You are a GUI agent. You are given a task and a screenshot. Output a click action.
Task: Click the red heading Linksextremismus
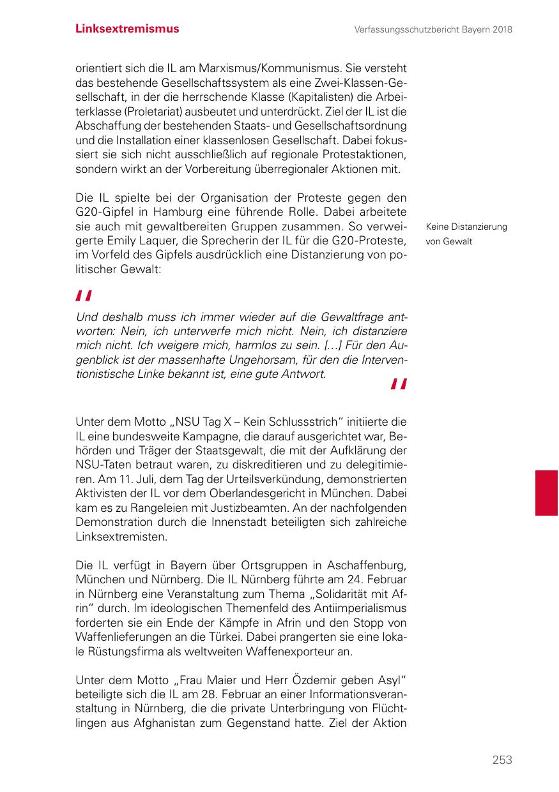[x=127, y=29]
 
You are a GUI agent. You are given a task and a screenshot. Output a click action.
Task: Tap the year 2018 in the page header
[x=502, y=29]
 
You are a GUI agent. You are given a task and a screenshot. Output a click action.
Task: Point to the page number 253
[x=502, y=759]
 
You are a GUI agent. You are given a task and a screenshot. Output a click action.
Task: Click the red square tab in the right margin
[x=546, y=493]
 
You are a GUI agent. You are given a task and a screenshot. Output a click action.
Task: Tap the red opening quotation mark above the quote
[x=84, y=295]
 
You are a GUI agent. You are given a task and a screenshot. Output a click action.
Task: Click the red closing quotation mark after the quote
[x=399, y=384]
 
